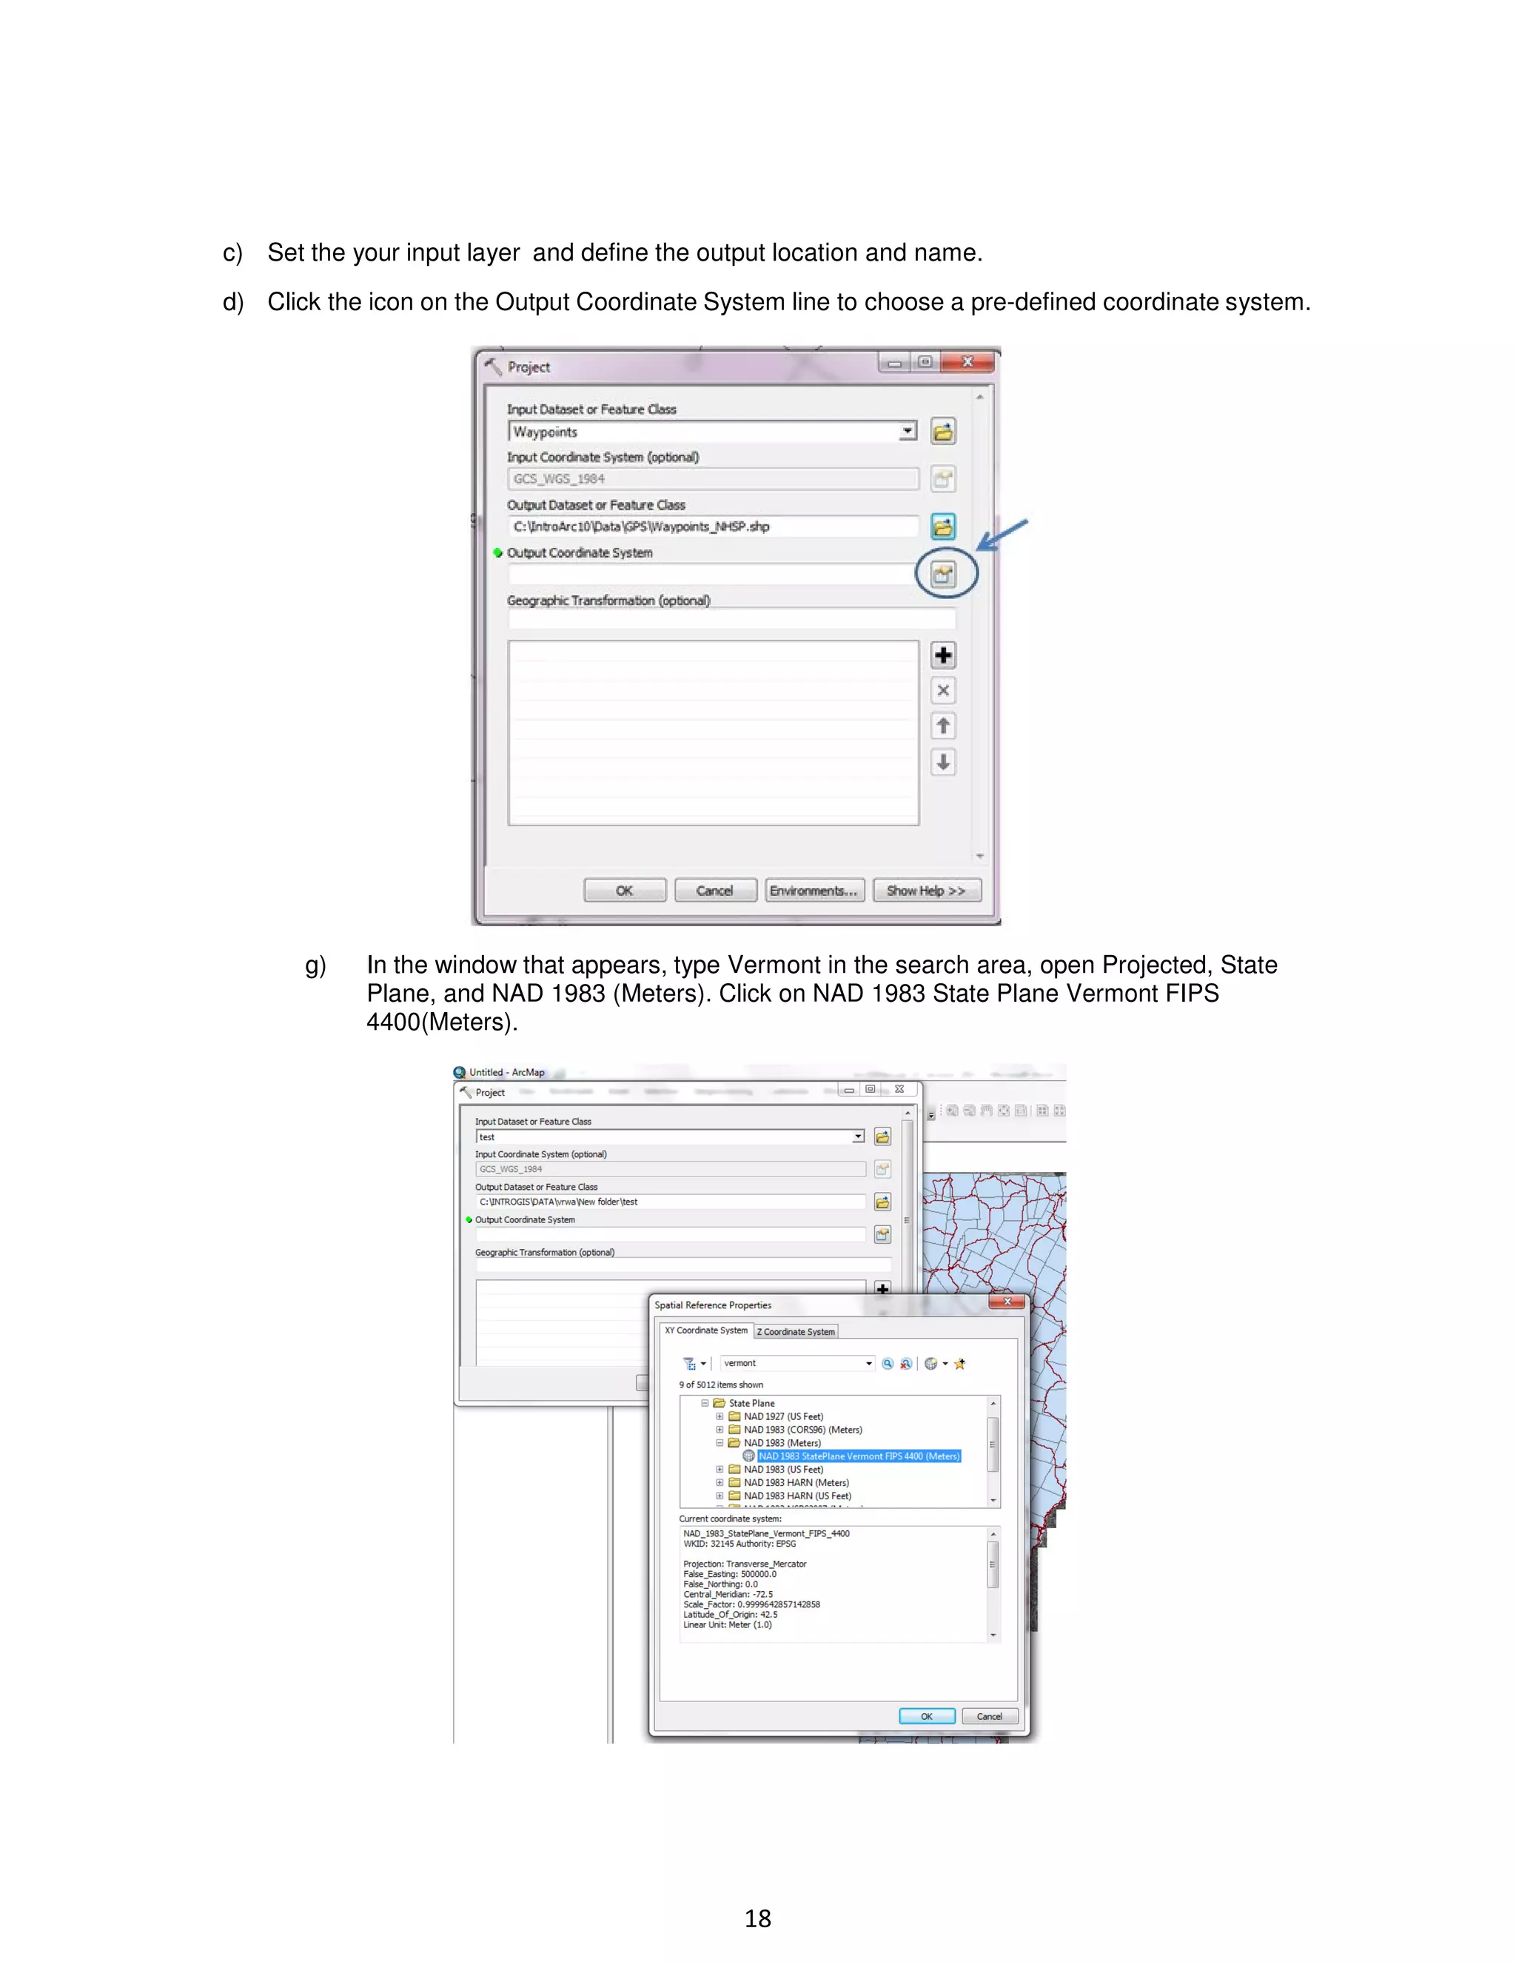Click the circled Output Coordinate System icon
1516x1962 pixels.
943,574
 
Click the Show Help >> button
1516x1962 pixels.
926,890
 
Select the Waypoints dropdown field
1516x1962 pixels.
709,432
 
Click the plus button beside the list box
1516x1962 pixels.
943,655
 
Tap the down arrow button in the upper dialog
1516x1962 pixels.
943,762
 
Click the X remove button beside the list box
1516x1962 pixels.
943,691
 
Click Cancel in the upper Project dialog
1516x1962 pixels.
715,890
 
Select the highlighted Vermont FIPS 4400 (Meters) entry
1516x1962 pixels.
859,1456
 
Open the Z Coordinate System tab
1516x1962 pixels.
796,1331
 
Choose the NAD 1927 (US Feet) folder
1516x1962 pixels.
782,1416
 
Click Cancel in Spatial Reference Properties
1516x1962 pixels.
990,1716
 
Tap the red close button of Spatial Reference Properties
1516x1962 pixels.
1007,1302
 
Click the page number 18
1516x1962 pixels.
757,1919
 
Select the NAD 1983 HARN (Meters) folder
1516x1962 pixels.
796,1483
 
